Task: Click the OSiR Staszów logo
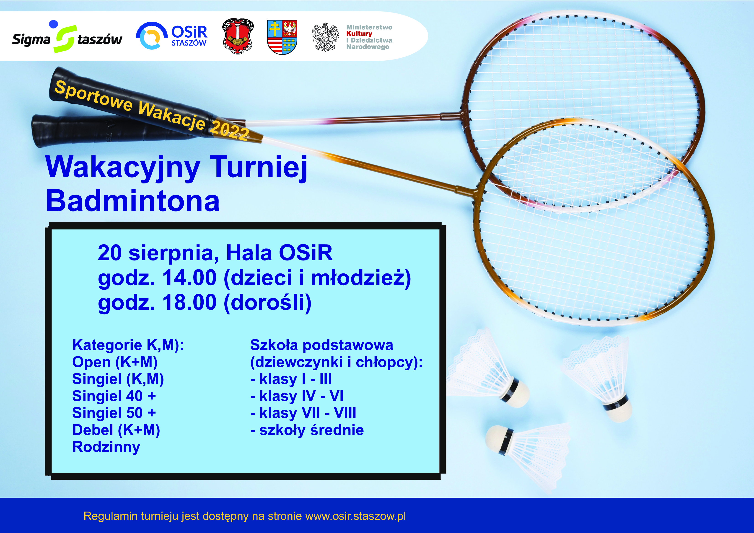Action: pyautogui.click(x=172, y=36)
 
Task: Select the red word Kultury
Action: pyautogui.click(x=359, y=33)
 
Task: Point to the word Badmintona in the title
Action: pyautogui.click(x=133, y=201)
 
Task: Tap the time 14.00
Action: pyautogui.click(x=189, y=277)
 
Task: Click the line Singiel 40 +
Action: pyautogui.click(x=114, y=396)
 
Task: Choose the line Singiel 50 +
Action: pyautogui.click(x=114, y=413)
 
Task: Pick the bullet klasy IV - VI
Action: pyautogui.click(x=297, y=396)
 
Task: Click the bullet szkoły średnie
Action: pyautogui.click(x=307, y=430)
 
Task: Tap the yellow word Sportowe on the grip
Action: pyautogui.click(x=93, y=96)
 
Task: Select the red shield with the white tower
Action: pyautogui.click(x=238, y=36)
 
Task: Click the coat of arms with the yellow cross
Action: pyautogui.click(x=282, y=37)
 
